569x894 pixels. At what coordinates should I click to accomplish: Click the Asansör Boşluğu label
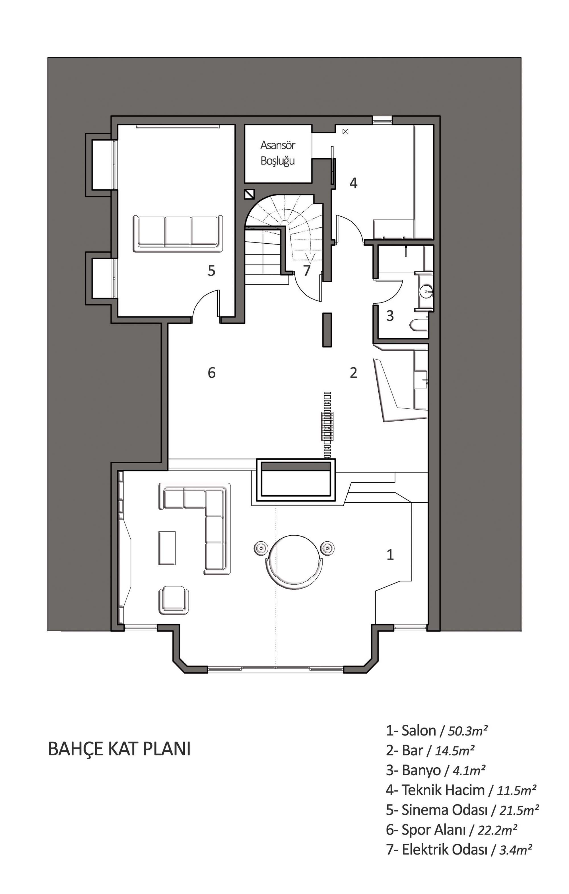pos(278,153)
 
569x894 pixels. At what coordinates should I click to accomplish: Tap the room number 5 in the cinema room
pos(212,271)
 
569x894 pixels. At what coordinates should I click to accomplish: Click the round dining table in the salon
pos(294,562)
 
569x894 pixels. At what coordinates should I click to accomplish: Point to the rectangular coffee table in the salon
pos(167,548)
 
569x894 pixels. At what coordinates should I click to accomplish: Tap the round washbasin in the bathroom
pos(426,291)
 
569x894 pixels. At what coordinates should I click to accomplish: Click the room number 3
pos(390,316)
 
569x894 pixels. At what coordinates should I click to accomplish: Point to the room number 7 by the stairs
pos(307,271)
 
